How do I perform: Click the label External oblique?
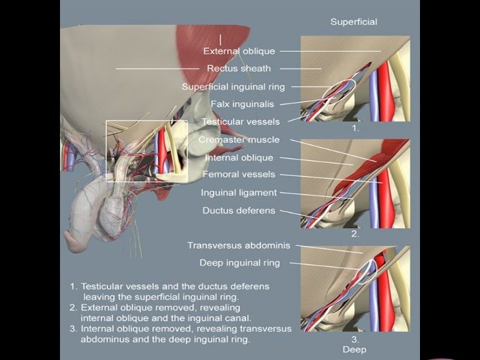[x=239, y=51]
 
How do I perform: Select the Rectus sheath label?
[x=238, y=68]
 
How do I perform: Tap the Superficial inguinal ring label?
[x=233, y=86]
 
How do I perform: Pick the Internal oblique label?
[x=239, y=158]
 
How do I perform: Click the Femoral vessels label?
[x=239, y=175]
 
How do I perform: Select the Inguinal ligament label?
[x=239, y=193]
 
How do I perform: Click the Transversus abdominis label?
[x=233, y=245]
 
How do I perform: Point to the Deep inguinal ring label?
[x=239, y=262]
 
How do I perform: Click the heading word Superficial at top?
[x=353, y=22]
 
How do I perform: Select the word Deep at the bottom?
[x=354, y=349]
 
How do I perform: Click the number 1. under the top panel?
[x=355, y=129]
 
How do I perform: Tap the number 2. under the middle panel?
[x=355, y=234]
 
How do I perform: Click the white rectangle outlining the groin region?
[x=107, y=152]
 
